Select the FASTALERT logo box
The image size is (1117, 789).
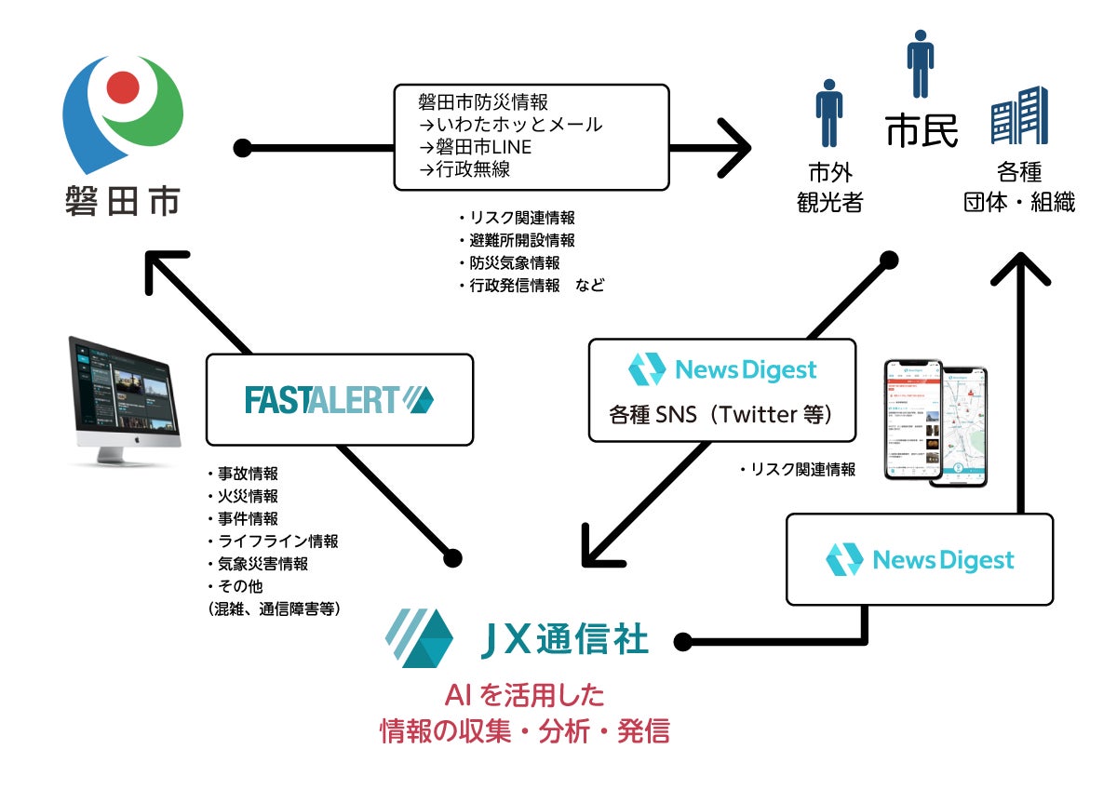pyautogui.click(x=339, y=399)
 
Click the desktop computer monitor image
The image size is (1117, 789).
pyautogui.click(x=124, y=400)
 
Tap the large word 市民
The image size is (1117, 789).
pyautogui.click(x=921, y=131)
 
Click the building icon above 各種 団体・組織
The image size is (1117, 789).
pyautogui.click(x=1019, y=115)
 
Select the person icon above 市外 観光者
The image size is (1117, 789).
pyautogui.click(x=828, y=113)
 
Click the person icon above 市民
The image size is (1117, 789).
pyautogui.click(x=920, y=63)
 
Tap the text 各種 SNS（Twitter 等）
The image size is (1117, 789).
pyautogui.click(x=722, y=415)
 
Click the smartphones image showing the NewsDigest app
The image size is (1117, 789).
pyautogui.click(x=935, y=423)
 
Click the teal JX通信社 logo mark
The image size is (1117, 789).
pyautogui.click(x=420, y=638)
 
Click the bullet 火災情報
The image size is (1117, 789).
pyautogui.click(x=246, y=496)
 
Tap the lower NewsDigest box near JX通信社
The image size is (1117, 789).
pyautogui.click(x=920, y=559)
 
